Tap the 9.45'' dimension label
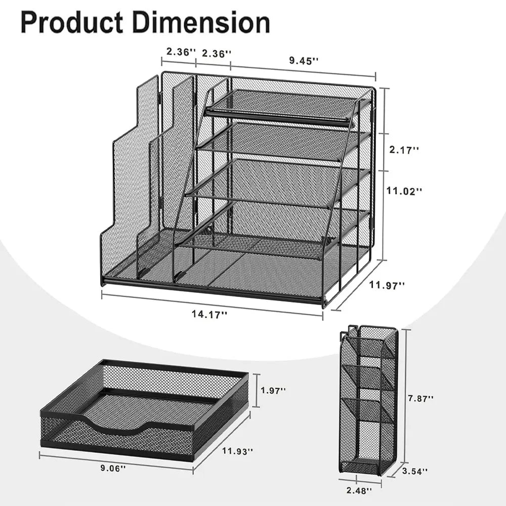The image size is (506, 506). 304,61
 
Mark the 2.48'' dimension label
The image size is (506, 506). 360,490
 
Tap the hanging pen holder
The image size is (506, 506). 368,400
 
